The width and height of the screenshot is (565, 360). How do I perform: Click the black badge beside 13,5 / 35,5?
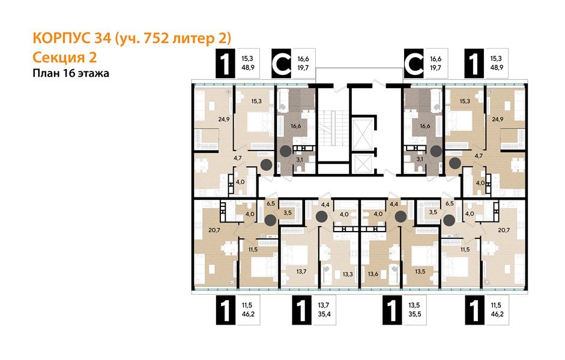(x=391, y=311)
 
